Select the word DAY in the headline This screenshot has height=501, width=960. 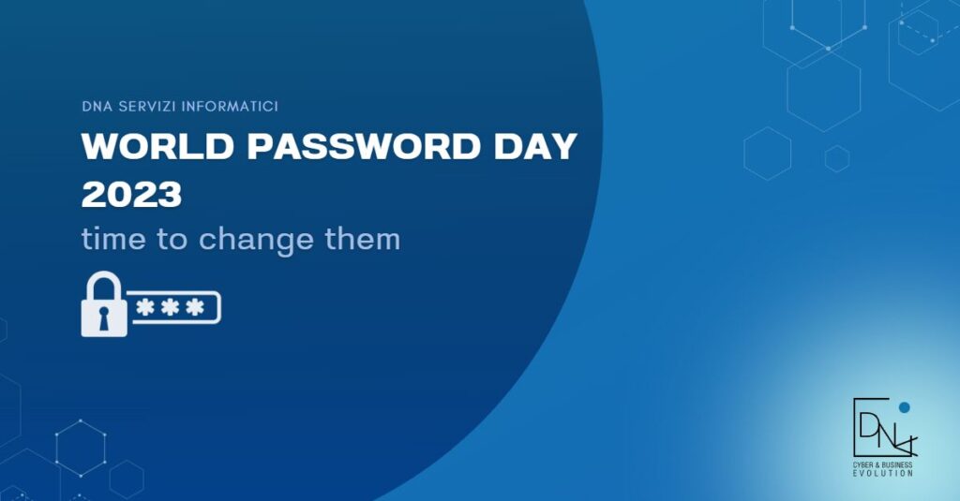[535, 147]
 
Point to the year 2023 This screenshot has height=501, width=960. [131, 194]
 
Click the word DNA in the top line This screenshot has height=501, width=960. [97, 106]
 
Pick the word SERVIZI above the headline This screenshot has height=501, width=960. [152, 106]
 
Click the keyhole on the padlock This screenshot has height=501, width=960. [103, 316]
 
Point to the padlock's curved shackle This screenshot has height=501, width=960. [103, 285]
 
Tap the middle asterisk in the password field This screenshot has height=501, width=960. [170, 308]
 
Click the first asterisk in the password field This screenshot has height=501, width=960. [146, 308]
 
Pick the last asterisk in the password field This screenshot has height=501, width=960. [193, 308]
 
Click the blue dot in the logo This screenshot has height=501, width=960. [904, 407]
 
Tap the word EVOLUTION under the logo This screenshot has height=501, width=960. [883, 474]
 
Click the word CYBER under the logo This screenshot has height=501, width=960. [865, 465]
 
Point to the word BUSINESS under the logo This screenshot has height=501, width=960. [898, 465]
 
